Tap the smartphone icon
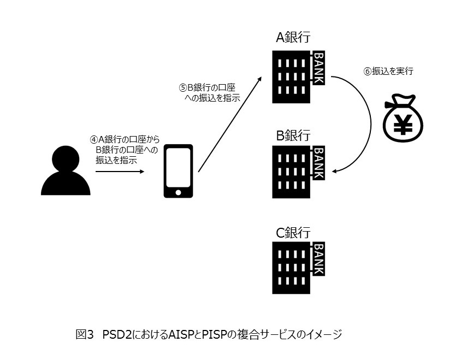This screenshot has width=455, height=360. click(179, 170)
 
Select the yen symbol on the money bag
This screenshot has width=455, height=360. click(405, 125)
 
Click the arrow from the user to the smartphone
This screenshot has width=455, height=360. click(120, 172)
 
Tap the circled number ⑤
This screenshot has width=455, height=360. click(184, 87)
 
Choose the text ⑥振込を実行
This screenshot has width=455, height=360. click(388, 71)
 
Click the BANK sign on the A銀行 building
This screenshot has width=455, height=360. click(318, 68)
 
